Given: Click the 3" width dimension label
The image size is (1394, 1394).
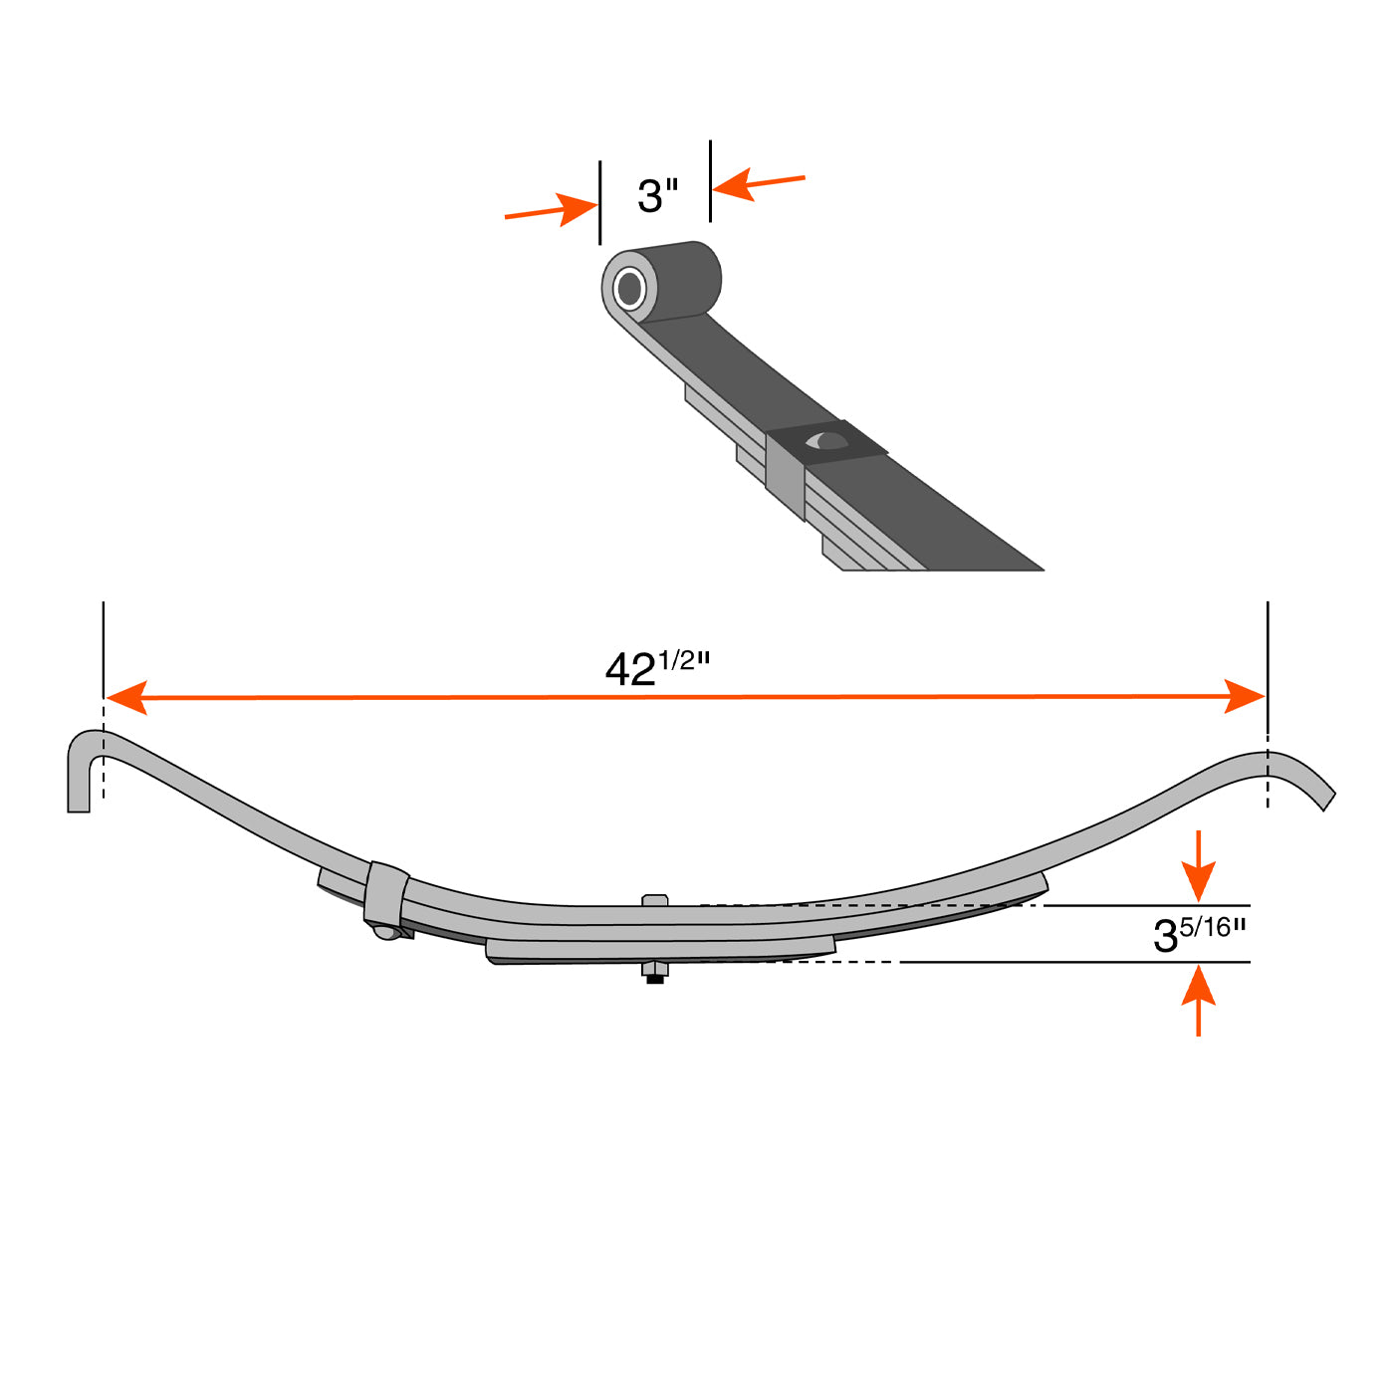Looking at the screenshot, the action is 657,195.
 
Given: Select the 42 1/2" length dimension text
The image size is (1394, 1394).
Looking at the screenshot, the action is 657,667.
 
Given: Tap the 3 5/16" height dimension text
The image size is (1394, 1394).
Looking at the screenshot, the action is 1199,934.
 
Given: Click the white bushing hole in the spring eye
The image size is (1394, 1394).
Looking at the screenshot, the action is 629,290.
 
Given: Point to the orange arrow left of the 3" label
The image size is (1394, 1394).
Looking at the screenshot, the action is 552,210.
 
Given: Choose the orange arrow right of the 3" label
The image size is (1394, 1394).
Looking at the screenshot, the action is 759,184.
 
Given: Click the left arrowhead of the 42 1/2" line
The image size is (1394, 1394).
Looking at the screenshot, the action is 127,697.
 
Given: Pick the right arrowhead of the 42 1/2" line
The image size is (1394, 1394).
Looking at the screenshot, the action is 1245,696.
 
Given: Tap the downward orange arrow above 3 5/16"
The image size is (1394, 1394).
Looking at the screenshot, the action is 1199,865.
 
